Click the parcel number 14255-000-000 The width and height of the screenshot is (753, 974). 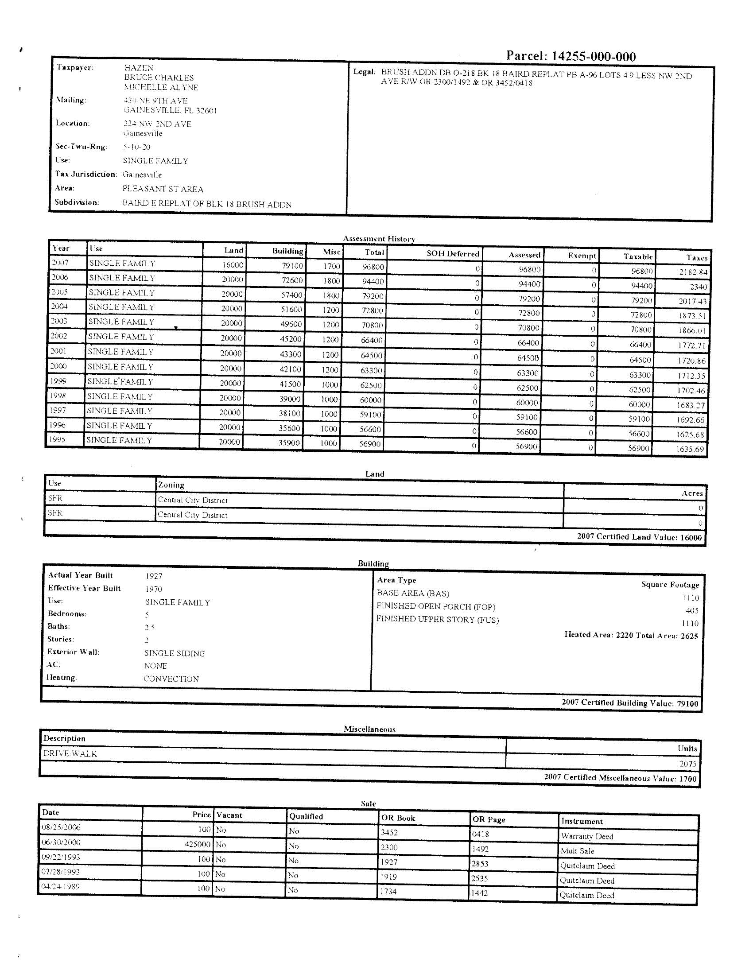coord(593,56)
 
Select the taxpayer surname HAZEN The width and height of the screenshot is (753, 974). coord(139,68)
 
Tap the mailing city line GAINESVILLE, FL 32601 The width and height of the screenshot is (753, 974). coord(170,110)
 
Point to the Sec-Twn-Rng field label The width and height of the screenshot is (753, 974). coord(81,146)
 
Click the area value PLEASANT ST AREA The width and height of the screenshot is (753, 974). coord(163,189)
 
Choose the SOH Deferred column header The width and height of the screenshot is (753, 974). coord(452,253)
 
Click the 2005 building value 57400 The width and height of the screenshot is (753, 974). coord(291,295)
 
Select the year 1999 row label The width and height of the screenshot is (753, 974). coord(58,381)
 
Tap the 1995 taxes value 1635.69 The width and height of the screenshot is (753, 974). coord(690,449)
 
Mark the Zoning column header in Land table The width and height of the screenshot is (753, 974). coord(171,485)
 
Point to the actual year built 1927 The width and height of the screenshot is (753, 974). coord(154,576)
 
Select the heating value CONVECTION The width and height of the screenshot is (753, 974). coord(171,679)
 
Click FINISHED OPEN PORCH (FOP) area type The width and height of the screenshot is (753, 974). coord(435,606)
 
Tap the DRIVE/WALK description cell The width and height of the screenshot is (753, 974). coord(70,753)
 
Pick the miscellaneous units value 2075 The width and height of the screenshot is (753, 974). coord(687,764)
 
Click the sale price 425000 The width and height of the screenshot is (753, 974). coord(197,844)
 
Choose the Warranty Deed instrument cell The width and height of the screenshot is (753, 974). coord(586,836)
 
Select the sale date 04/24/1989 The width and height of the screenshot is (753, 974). coord(61,887)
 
